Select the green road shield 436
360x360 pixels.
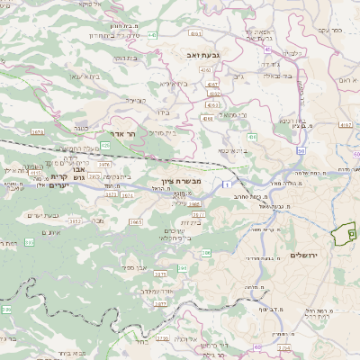pyautogui.click(x=252, y=137)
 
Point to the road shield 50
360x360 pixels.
pyautogui.click(x=299, y=150)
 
